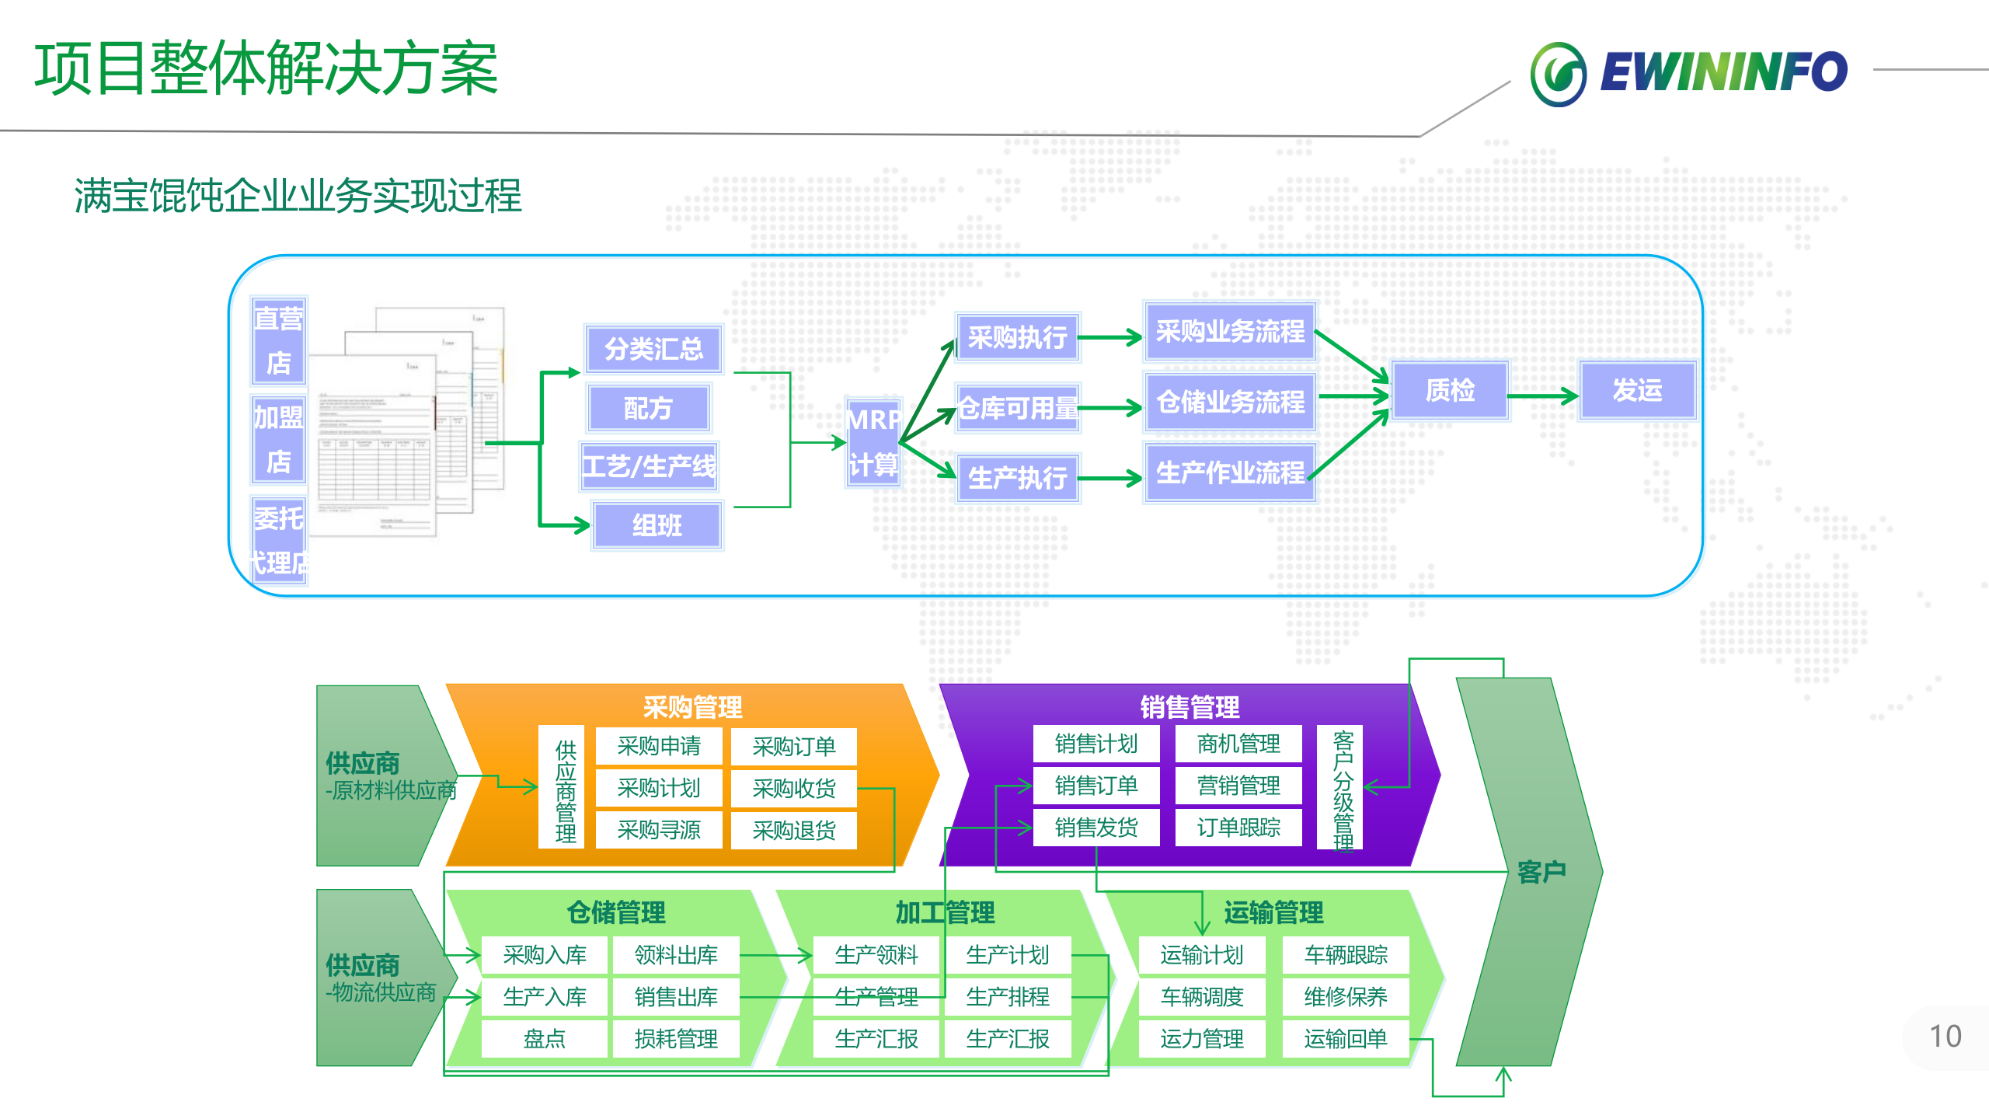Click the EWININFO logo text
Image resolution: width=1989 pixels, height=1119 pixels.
1723,73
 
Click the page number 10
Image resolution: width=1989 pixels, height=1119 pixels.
1945,1037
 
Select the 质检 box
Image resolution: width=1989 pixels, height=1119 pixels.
1450,390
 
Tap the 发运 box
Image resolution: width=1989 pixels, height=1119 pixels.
1637,390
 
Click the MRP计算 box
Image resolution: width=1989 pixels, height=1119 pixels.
873,442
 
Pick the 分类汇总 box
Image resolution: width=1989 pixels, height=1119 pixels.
653,349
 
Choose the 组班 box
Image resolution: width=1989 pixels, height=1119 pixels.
657,526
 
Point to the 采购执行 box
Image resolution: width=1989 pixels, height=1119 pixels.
1017,337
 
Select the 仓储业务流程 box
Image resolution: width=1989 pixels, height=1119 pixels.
1230,402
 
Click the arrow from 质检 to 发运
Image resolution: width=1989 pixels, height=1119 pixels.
1543,396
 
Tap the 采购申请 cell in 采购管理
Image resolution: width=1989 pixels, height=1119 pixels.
659,746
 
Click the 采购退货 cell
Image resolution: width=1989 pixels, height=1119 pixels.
793,831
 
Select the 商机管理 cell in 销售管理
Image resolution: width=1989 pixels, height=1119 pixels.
1238,744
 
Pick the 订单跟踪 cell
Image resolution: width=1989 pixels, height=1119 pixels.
1238,828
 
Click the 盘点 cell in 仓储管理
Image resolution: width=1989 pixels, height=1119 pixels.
544,1039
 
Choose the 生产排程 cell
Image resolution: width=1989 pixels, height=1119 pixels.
1008,997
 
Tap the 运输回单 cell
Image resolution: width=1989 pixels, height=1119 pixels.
1346,1039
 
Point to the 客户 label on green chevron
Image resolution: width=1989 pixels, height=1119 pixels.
1541,872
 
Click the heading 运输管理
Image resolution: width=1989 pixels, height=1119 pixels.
1273,912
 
